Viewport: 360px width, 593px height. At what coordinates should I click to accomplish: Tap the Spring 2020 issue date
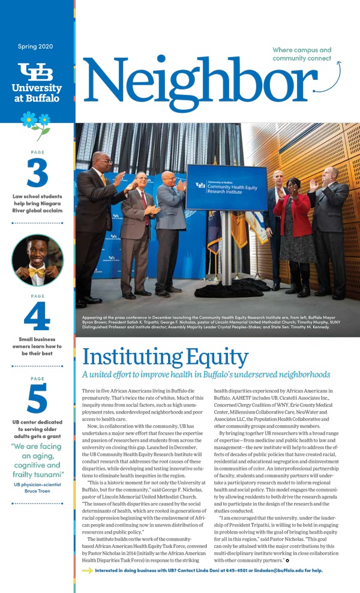coord(37,46)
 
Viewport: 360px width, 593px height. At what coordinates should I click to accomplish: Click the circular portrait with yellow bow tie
coord(37,260)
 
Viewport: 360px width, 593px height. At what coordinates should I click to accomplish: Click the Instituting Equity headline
coord(165,358)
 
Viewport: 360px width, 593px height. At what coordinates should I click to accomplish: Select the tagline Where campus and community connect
coord(302,54)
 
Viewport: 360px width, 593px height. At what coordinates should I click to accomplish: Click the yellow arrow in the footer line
coord(87,570)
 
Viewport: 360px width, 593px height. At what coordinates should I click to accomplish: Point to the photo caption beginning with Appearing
coord(213,322)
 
